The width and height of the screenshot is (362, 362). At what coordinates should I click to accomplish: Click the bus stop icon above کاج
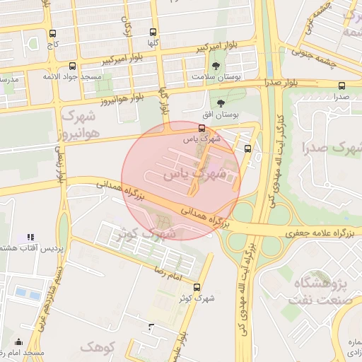coord(52,33)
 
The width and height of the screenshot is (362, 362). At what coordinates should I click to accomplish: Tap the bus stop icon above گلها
coord(153,32)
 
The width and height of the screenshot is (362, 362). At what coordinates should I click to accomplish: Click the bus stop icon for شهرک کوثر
coord(196,287)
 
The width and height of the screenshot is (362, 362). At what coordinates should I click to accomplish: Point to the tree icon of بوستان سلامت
coord(226,66)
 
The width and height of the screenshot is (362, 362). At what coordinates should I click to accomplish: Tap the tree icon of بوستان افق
coord(221,103)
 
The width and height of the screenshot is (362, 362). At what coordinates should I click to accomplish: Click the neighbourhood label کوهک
coord(96,346)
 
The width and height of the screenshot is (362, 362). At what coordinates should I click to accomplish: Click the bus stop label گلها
coord(153,42)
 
